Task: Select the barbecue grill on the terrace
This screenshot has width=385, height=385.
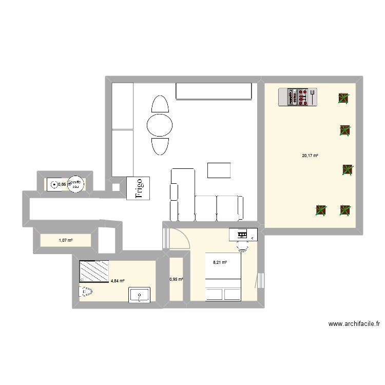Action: [x=298, y=97]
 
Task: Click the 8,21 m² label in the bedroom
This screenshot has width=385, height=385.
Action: [x=220, y=262]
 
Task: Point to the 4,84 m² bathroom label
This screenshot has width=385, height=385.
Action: [x=117, y=281]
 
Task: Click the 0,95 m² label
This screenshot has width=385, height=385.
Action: [x=176, y=280]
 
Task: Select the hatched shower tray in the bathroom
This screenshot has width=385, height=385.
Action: [x=94, y=271]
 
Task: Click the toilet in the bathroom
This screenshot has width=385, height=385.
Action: [x=85, y=292]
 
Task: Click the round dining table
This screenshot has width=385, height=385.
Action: [x=160, y=125]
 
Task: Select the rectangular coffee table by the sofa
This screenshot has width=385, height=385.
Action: [x=219, y=169]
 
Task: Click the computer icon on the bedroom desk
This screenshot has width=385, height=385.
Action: [x=242, y=235]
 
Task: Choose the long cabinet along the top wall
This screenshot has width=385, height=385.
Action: [x=214, y=91]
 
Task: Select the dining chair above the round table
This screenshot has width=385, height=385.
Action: [x=160, y=104]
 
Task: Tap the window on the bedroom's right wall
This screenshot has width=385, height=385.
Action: [x=261, y=282]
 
